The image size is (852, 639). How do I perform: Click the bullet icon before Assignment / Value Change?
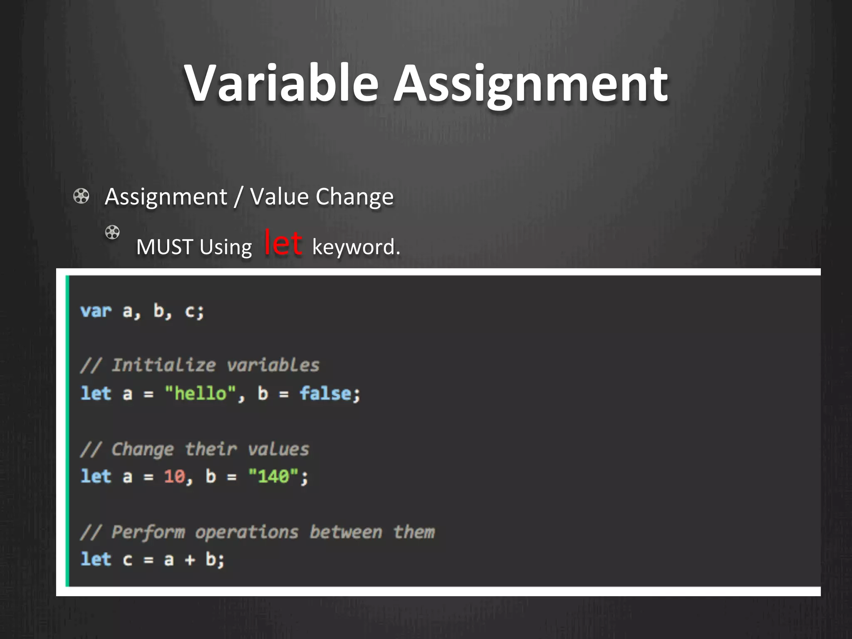tap(81, 196)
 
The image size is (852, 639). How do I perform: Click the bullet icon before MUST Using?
tap(112, 232)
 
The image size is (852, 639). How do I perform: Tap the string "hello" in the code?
tap(201, 394)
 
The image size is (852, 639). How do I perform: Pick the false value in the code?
tap(326, 394)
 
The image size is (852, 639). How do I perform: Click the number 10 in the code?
tap(174, 476)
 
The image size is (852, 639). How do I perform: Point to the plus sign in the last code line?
tap(190, 560)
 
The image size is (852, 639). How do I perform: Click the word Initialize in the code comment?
tap(164, 365)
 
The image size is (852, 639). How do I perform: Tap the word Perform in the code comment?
tap(148, 532)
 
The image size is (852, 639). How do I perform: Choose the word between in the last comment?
tap(346, 532)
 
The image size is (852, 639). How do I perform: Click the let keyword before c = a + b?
tap(96, 560)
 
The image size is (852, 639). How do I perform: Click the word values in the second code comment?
tap(278, 449)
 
